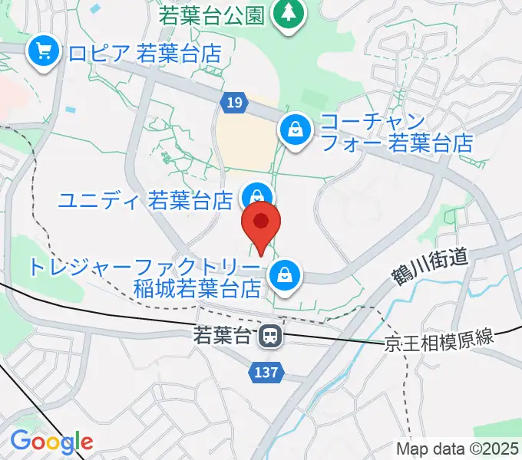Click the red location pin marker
pos(262,224)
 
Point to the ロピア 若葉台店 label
pos(144,53)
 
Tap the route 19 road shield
pos(235,100)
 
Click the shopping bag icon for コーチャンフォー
pos(295,128)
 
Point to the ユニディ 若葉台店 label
pos(146,201)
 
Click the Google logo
pos(51,441)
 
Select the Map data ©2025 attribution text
pos(457,449)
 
